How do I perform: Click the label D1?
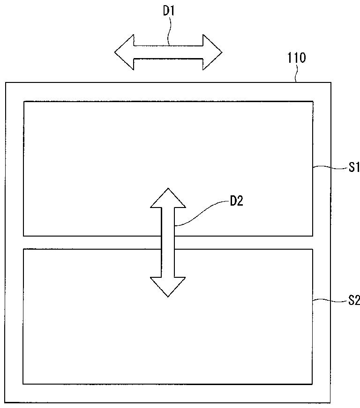click(x=169, y=11)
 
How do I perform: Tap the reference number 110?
click(x=296, y=58)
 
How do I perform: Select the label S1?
click(x=352, y=167)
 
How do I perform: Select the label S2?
click(x=352, y=300)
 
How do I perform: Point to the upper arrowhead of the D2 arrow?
click(x=168, y=197)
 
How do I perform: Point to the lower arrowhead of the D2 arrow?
click(x=168, y=287)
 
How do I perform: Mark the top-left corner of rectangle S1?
click(x=24, y=101)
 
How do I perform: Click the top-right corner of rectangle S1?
click(x=313, y=101)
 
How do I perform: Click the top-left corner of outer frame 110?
click(x=6, y=83)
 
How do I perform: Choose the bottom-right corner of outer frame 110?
click(x=331, y=402)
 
